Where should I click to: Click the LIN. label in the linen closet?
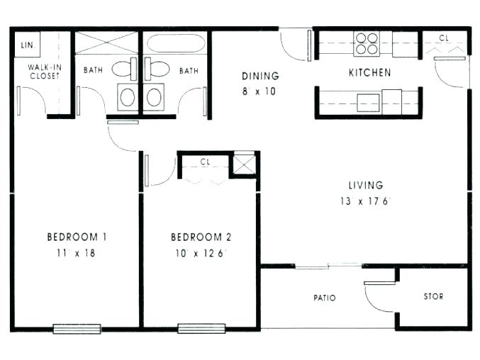pyautogui.click(x=27, y=45)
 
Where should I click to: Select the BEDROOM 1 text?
pyautogui.click(x=77, y=237)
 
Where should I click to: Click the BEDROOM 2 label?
pyautogui.click(x=201, y=237)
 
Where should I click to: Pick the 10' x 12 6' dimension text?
pyautogui.click(x=201, y=253)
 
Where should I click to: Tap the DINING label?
pyautogui.click(x=260, y=76)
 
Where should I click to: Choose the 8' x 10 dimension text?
pyautogui.click(x=260, y=91)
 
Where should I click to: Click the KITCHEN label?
pyautogui.click(x=369, y=72)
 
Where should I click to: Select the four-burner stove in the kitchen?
pyautogui.click(x=367, y=43)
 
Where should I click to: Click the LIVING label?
pyautogui.click(x=365, y=186)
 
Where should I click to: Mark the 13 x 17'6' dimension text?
pyautogui.click(x=365, y=201)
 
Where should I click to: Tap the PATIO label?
pyautogui.click(x=325, y=298)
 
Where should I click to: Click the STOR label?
pyautogui.click(x=432, y=296)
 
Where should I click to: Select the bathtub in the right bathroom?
pyautogui.click(x=176, y=43)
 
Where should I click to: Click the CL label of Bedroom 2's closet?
pyautogui.click(x=205, y=162)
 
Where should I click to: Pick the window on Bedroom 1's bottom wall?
pyautogui.click(x=77, y=329)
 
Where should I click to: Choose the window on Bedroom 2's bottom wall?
pyautogui.click(x=201, y=329)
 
